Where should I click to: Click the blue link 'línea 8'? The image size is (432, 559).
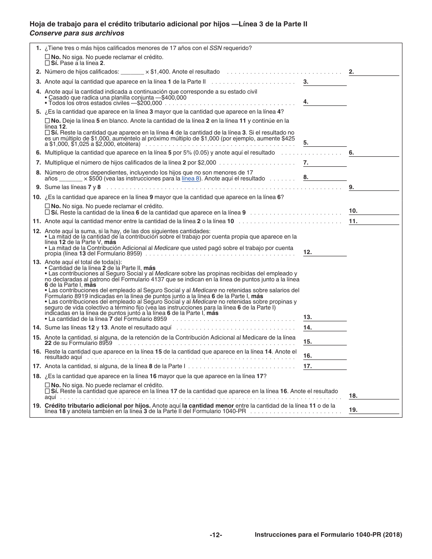click(191, 179)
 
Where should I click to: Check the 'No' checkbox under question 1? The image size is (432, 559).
click(47, 57)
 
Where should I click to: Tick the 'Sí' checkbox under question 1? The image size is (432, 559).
click(47, 63)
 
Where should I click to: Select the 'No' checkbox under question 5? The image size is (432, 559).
click(47, 121)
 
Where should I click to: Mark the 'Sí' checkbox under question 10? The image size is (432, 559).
click(47, 212)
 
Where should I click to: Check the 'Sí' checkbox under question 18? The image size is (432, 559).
click(47, 391)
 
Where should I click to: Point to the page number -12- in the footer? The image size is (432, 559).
click(216, 535)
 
